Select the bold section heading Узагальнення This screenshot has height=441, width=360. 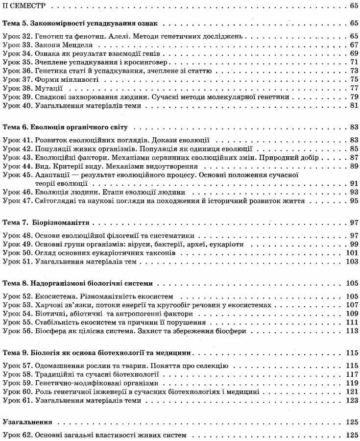click(27, 421)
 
